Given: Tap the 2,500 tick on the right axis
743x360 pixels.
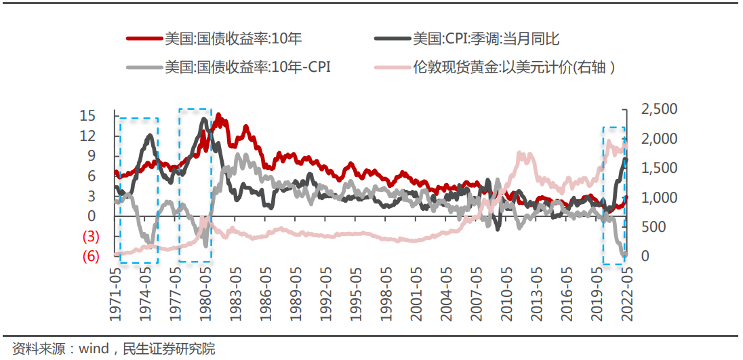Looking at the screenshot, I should pos(654,109).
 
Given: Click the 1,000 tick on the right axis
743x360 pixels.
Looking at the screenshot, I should pos(654,197).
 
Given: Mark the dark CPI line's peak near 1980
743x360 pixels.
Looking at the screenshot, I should pos(204,119).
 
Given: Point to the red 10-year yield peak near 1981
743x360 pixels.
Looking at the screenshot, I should pos(218,115).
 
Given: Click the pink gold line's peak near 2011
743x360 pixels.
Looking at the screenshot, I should pos(521,154).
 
